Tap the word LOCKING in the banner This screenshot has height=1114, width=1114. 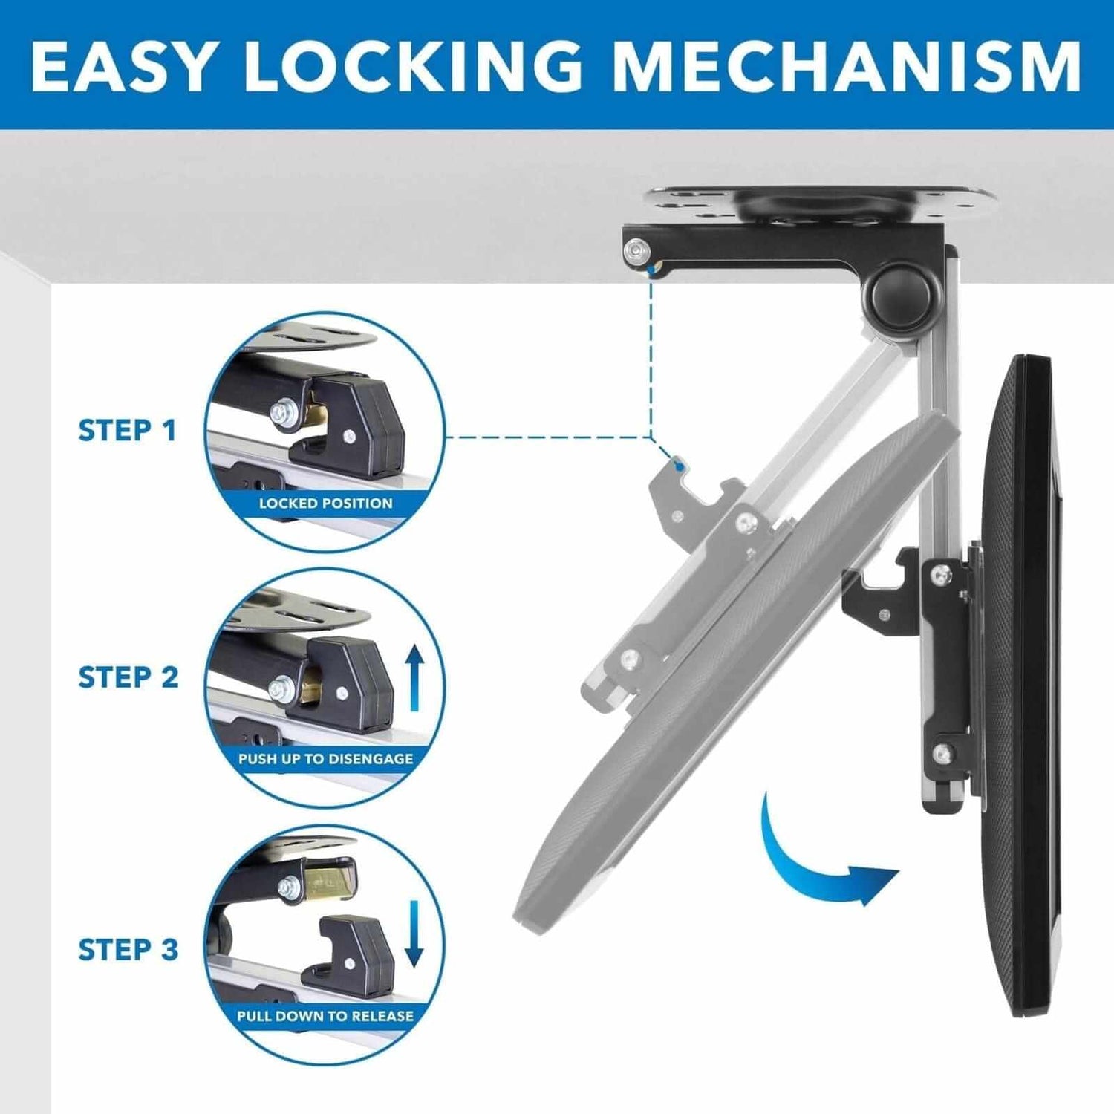[413, 65]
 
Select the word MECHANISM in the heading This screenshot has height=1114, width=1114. [847, 65]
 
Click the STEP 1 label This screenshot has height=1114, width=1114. [127, 431]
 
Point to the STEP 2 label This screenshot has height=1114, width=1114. [128, 677]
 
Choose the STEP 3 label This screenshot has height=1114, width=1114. [128, 949]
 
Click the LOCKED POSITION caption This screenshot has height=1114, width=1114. [325, 504]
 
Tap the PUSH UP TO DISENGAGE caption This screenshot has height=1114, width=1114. [325, 759]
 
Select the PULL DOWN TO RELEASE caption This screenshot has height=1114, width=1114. [325, 1016]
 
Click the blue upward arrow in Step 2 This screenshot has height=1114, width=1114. [414, 677]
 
